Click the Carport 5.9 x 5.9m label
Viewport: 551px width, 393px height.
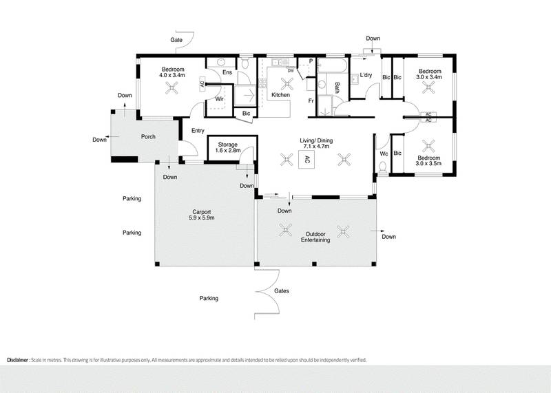(x=202, y=215)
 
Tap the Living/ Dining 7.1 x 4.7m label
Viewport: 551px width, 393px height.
(x=316, y=143)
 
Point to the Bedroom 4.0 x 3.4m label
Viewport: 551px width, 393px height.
(x=173, y=72)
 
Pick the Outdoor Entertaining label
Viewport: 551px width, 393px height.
(x=316, y=237)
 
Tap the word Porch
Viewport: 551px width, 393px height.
(x=148, y=136)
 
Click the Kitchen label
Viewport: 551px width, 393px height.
(x=280, y=94)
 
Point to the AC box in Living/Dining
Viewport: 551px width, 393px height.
(x=307, y=160)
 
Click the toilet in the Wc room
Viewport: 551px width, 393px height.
(x=384, y=164)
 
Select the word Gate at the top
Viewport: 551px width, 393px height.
(x=176, y=41)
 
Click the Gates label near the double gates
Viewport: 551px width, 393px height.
(x=282, y=290)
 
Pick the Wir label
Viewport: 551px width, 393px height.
(x=220, y=99)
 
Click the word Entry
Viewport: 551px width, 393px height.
(x=198, y=130)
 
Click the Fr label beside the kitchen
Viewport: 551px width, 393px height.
(x=311, y=101)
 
